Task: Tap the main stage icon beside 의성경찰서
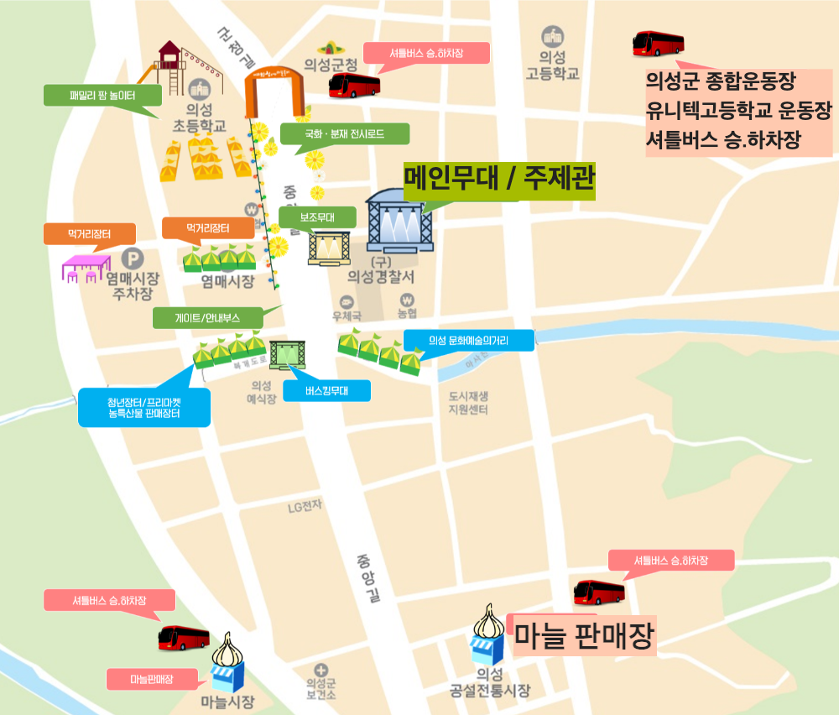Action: [x=399, y=222]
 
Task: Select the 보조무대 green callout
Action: [x=317, y=217]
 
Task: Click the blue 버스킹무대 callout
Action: [x=326, y=390]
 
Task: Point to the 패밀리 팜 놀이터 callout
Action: [x=102, y=95]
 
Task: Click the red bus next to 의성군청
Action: [x=354, y=85]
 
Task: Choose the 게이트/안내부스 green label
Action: [x=207, y=318]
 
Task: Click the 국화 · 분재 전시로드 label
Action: [x=344, y=133]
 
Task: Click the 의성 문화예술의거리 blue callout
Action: [x=468, y=340]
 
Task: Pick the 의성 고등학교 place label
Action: [x=552, y=65]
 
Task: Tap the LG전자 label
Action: [x=305, y=507]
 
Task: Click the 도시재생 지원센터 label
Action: [x=468, y=403]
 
